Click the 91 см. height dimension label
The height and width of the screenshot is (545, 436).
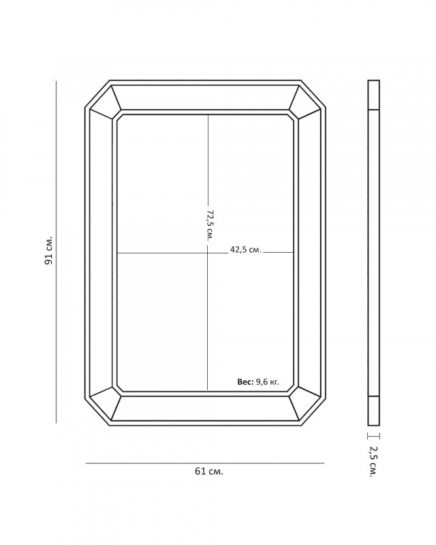click(49, 251)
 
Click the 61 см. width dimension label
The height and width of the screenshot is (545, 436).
click(209, 471)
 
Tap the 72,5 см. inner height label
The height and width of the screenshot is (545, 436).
click(210, 225)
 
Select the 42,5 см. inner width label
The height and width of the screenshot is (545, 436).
click(245, 249)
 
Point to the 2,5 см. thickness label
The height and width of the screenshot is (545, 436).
click(373, 462)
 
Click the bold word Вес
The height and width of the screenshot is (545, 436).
click(245, 381)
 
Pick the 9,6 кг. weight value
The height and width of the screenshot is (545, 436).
click(267, 382)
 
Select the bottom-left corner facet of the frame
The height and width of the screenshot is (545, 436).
click(105, 403)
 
